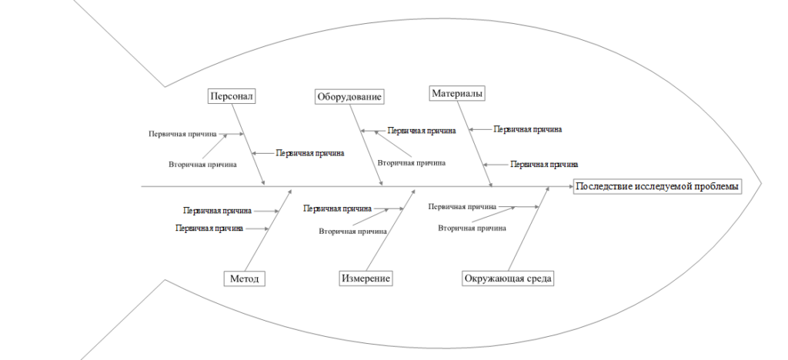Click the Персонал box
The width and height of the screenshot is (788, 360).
pos(231,96)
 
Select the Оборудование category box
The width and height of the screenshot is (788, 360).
pos(350,97)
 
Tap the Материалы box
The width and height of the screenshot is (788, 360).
pos(457,94)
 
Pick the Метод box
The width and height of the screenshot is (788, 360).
pos(245,278)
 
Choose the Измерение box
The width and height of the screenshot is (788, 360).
pos(366,278)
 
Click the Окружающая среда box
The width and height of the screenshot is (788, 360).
pos(508,278)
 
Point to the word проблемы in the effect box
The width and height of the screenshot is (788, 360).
pos(715,187)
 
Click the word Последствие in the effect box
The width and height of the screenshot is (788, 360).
pos(600,187)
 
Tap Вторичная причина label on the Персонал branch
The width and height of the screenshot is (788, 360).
pos(202,165)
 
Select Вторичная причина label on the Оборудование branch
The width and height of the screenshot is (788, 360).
pos(411,163)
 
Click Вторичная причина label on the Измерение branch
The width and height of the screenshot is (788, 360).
pos(353,232)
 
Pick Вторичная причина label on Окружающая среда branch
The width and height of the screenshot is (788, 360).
pos(472,228)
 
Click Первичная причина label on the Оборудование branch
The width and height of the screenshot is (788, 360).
pos(422,131)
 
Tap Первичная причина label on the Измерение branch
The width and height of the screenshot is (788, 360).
pos(338,208)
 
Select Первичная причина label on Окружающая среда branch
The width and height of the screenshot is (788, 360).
pos(462,206)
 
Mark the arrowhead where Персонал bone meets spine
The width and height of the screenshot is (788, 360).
pos(264,183)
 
